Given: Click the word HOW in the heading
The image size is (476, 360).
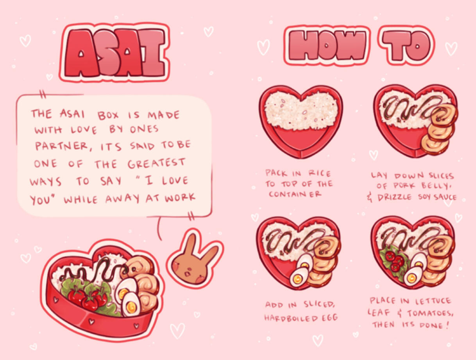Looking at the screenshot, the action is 327,45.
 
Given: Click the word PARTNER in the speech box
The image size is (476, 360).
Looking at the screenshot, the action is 62,146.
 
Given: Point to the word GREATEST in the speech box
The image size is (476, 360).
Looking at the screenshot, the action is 156,164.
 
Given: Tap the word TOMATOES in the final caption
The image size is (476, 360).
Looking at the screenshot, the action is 430,313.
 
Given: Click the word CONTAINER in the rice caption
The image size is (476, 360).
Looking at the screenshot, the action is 295,194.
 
